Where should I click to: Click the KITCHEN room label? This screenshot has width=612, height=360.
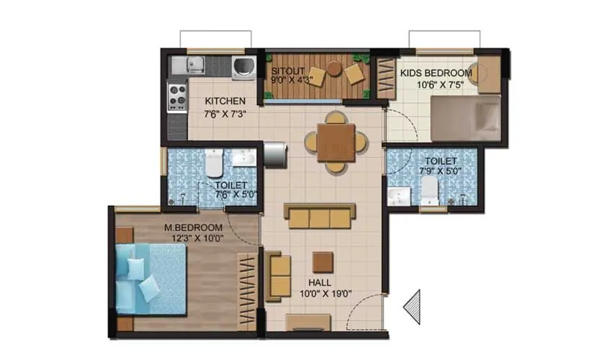coord(225,101)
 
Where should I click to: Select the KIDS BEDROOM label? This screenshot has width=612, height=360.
coord(436,73)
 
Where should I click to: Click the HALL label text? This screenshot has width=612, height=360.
coord(320,282)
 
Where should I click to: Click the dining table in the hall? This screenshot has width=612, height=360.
coord(335,142)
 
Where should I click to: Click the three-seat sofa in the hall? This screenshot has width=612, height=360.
coord(320,215)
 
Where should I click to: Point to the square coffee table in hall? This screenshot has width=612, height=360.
coord(323,262)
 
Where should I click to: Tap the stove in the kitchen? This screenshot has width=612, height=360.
coord(177,96)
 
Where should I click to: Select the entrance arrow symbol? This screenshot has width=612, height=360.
coord(412,306)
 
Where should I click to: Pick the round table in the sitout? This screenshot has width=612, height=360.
coord(334,68)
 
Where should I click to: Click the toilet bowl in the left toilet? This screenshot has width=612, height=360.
coord(213,165)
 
